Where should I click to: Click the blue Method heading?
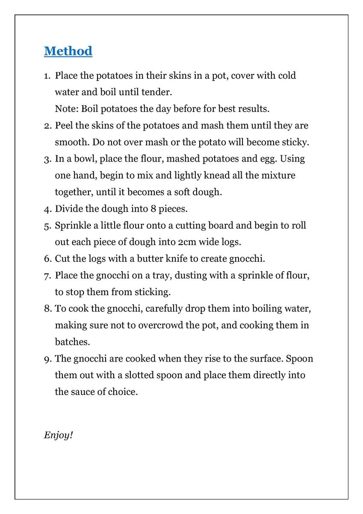pos(68,51)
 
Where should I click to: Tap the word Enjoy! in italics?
pos(58,435)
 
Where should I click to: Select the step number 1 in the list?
pos(47,76)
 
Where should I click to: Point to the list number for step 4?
pos(47,209)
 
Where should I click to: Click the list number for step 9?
pos(47,359)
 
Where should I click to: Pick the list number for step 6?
pos(47,259)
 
